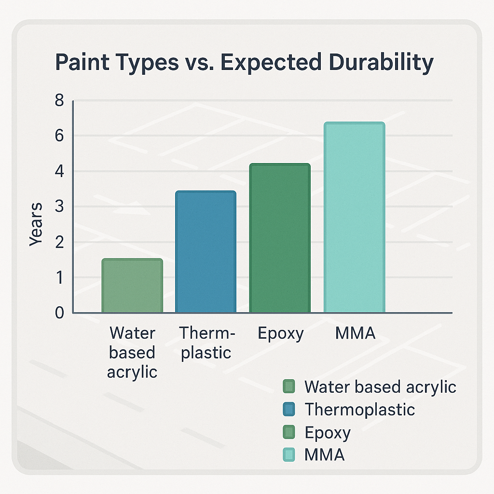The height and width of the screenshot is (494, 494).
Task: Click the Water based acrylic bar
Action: click(x=132, y=286)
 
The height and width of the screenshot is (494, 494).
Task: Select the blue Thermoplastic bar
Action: click(x=206, y=252)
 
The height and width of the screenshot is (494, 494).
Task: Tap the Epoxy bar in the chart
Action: click(x=280, y=238)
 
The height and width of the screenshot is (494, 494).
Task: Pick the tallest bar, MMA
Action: click(x=354, y=218)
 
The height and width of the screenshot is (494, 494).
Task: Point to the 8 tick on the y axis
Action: click(x=59, y=100)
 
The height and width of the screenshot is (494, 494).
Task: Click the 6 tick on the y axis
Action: click(x=59, y=136)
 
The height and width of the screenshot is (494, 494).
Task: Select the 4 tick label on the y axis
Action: click(x=59, y=172)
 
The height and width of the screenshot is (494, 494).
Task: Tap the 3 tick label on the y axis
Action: click(x=59, y=207)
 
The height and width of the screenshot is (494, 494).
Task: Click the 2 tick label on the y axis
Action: click(x=59, y=243)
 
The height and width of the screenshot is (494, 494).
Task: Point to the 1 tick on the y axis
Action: click(x=59, y=278)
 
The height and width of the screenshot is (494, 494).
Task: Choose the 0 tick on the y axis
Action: click(x=59, y=313)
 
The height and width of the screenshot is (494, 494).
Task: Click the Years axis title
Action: click(x=36, y=224)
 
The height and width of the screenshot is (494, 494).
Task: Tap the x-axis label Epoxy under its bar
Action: click(x=280, y=333)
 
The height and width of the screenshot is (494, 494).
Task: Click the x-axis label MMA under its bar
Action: click(x=355, y=333)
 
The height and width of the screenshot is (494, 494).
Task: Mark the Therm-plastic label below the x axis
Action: click(x=206, y=343)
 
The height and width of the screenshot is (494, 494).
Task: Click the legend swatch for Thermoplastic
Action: click(x=289, y=409)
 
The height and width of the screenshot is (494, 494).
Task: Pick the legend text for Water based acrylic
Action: click(x=380, y=386)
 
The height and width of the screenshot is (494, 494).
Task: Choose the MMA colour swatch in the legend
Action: click(x=289, y=454)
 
